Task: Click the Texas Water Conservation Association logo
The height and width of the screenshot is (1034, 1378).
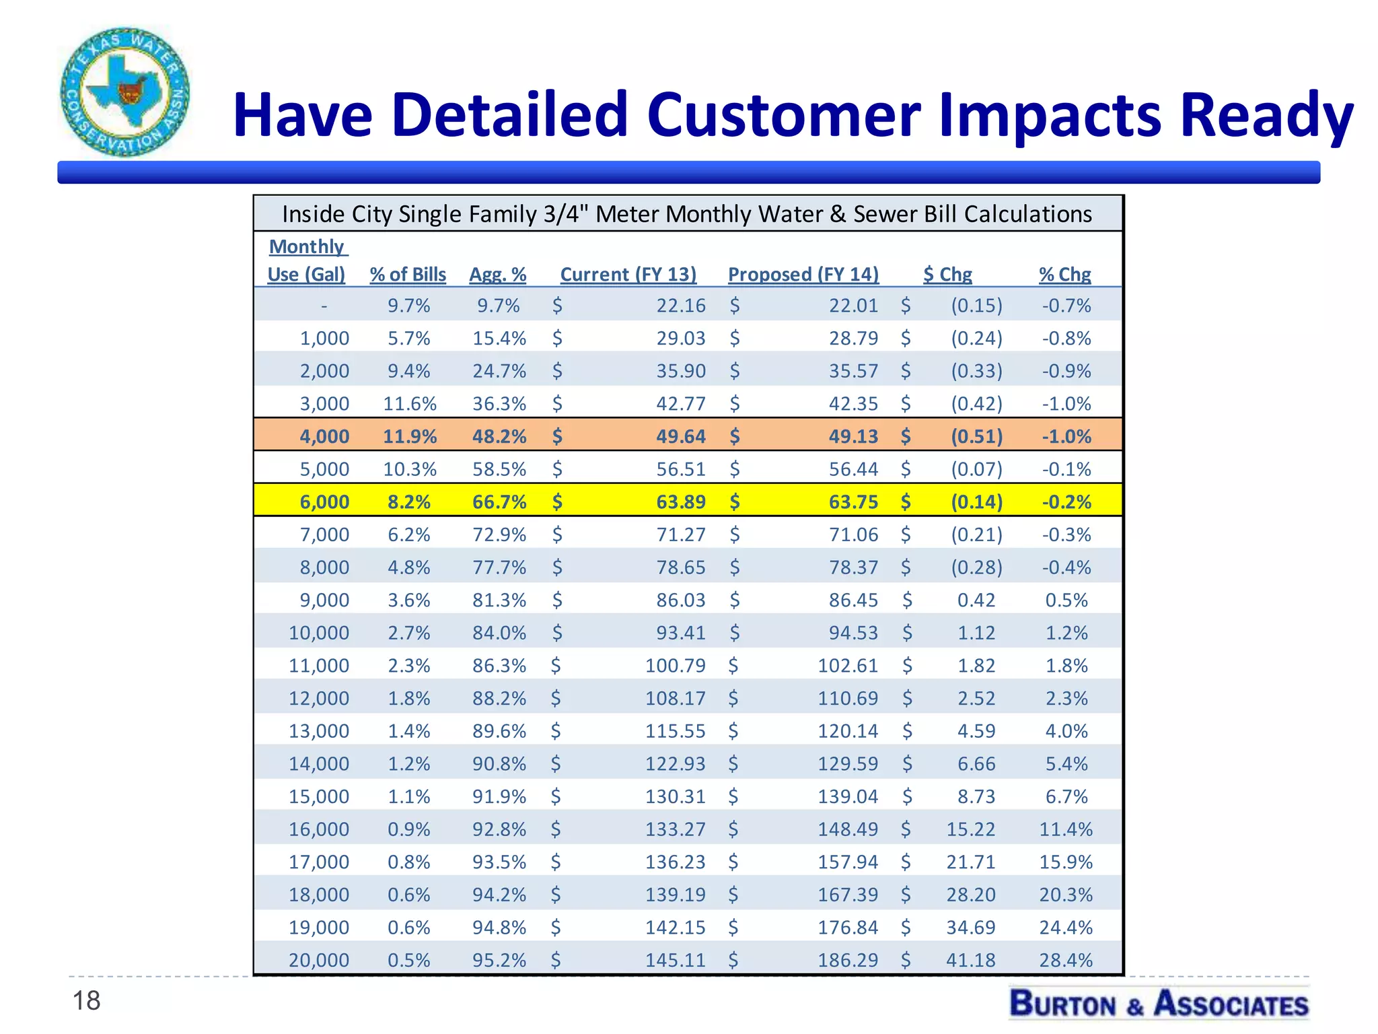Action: (124, 92)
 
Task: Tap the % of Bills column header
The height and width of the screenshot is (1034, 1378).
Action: (408, 275)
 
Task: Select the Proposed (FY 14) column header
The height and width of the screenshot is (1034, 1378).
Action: (803, 275)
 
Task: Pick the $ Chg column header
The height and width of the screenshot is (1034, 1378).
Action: (947, 275)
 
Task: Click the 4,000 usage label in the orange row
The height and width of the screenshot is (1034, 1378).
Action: (324, 436)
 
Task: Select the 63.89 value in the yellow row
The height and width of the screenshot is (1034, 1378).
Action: (681, 502)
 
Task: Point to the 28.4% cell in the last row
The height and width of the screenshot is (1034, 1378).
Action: (1066, 960)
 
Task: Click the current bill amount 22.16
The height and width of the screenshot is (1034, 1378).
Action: (681, 306)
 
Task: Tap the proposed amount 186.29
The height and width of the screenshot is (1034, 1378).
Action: (848, 960)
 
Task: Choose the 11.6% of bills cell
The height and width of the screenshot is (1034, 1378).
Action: (410, 404)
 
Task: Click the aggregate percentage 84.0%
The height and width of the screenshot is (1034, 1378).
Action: (499, 633)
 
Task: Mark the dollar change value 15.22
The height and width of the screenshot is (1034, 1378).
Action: (970, 829)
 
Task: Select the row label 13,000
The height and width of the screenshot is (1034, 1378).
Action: (319, 731)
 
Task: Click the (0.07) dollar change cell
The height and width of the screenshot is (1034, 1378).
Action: (976, 469)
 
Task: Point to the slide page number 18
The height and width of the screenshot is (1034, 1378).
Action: (86, 1001)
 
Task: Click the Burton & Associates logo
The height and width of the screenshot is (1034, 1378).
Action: (1159, 1003)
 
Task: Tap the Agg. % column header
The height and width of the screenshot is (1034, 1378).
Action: (498, 275)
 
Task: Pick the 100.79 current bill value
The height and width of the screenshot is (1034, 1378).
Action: (676, 666)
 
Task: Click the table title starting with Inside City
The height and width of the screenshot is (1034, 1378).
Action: (687, 214)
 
